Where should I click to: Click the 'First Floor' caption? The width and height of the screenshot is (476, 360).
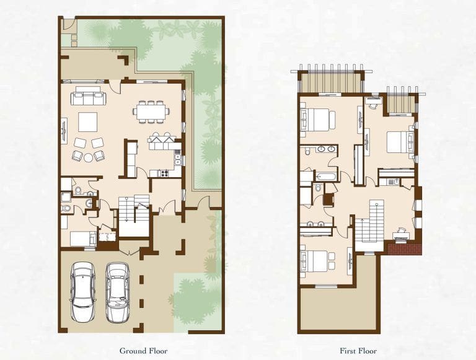click(x=359, y=350)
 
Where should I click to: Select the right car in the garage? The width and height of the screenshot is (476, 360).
click(x=117, y=292)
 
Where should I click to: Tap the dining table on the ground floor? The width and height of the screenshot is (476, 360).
click(x=151, y=112)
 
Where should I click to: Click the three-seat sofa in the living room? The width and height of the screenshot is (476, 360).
click(x=87, y=98)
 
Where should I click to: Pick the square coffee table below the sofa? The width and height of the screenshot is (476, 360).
click(x=87, y=122)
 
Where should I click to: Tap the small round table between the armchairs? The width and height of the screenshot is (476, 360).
click(x=88, y=157)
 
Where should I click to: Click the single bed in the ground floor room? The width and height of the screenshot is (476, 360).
click(x=82, y=239)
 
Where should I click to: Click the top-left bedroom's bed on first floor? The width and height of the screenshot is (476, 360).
click(x=318, y=119)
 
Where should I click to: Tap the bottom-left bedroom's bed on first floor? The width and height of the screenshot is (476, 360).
click(x=317, y=258)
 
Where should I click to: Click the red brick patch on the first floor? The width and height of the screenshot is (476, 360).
click(x=404, y=248)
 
